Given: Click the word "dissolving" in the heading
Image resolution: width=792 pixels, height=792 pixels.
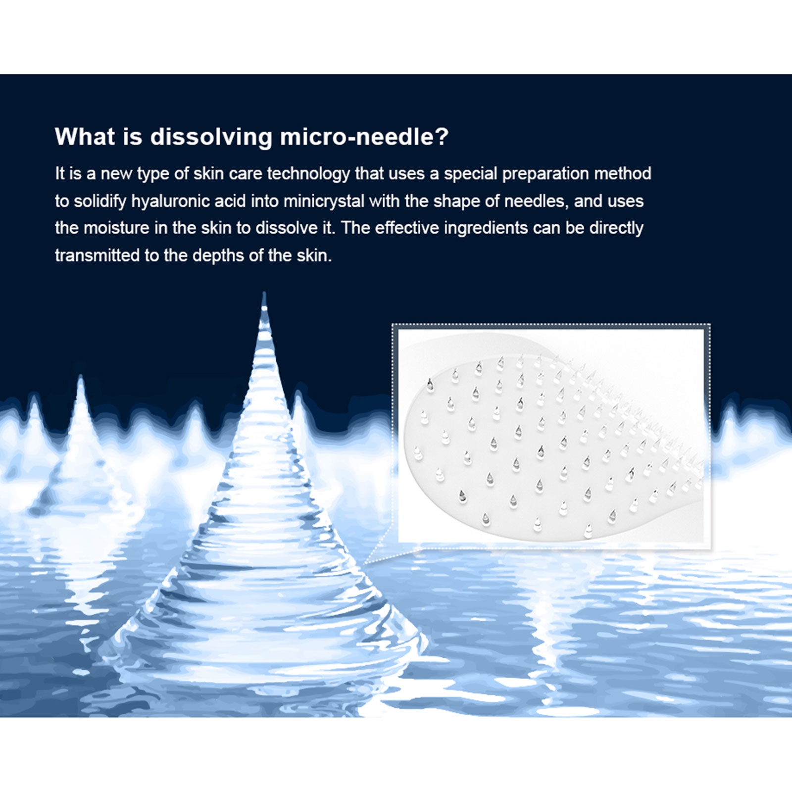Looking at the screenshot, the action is (x=211, y=137).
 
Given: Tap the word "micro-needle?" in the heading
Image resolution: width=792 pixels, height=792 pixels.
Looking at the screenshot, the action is (x=364, y=137).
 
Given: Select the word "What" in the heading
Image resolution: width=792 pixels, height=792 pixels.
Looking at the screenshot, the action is (x=85, y=136).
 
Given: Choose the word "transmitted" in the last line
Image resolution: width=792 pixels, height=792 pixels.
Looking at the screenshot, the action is (x=97, y=255).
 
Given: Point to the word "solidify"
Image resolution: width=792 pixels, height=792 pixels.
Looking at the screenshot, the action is (x=100, y=201).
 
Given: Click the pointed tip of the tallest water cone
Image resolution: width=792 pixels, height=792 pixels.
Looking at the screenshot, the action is (x=264, y=293).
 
